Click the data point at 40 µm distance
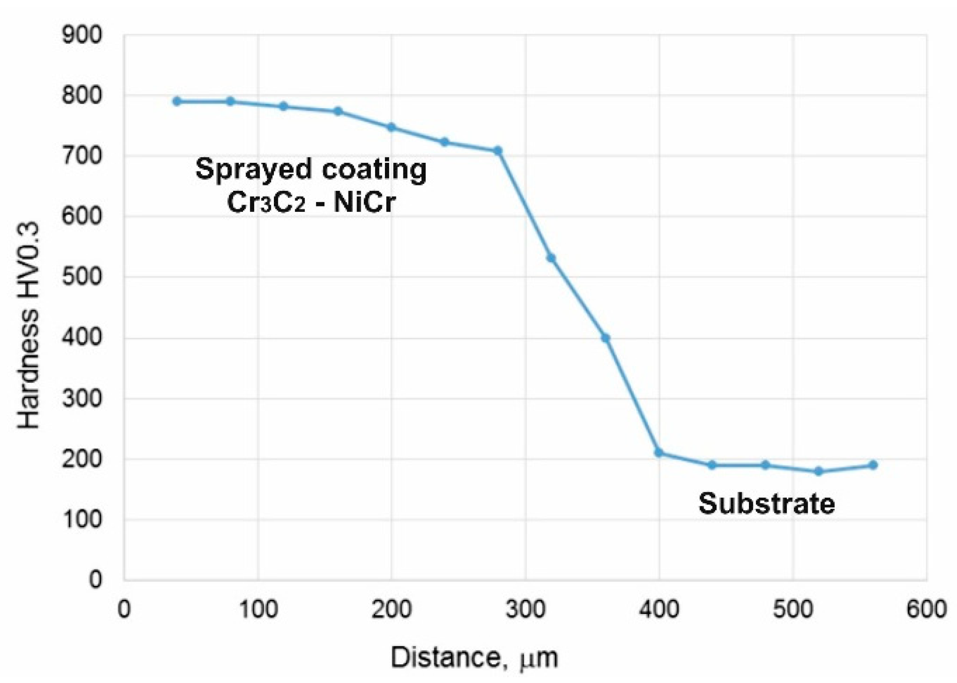(177, 101)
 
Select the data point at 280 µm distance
(498, 150)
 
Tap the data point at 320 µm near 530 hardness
(551, 258)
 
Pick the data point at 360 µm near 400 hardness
(605, 338)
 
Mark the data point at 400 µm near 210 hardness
(659, 453)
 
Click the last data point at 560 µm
(873, 465)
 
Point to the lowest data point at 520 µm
(818, 472)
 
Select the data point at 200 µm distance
(391, 127)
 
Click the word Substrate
(767, 503)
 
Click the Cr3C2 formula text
(266, 202)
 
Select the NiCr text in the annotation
(364, 202)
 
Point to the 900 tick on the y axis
(82, 35)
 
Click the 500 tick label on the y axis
(82, 277)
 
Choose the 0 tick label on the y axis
(95, 580)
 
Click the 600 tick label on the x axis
(926, 609)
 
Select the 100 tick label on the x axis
(258, 609)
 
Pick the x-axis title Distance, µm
(475, 657)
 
